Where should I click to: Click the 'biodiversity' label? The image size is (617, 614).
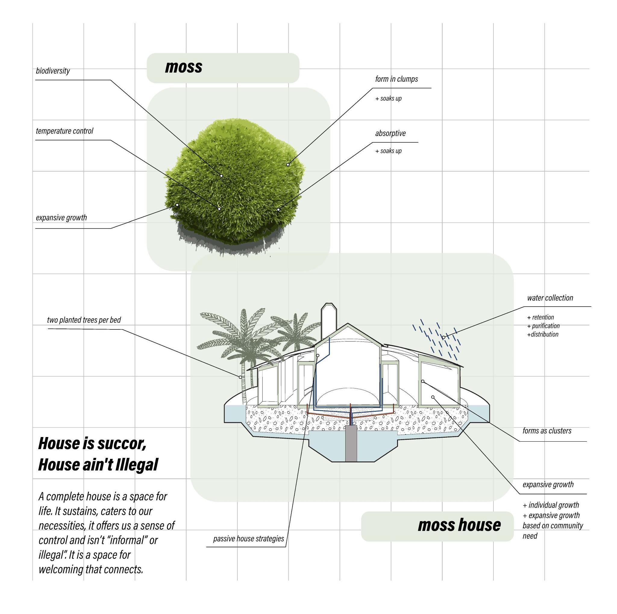[53, 71]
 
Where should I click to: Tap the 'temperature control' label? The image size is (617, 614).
[64, 131]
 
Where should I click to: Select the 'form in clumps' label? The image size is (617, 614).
[396, 79]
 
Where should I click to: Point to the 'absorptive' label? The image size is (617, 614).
[390, 133]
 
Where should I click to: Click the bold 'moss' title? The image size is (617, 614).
[184, 67]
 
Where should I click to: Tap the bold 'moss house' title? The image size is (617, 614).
[459, 525]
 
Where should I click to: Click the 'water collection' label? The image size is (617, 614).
[550, 298]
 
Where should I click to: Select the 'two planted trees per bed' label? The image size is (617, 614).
[84, 320]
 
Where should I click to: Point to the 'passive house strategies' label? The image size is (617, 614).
[249, 539]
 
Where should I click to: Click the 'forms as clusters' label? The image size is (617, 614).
[547, 431]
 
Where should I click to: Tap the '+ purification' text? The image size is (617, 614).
[543, 326]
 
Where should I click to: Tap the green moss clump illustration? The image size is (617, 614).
[233, 182]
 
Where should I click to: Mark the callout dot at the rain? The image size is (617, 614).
[443, 337]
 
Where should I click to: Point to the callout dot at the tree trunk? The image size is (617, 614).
[240, 377]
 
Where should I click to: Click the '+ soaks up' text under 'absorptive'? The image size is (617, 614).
[388, 151]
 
